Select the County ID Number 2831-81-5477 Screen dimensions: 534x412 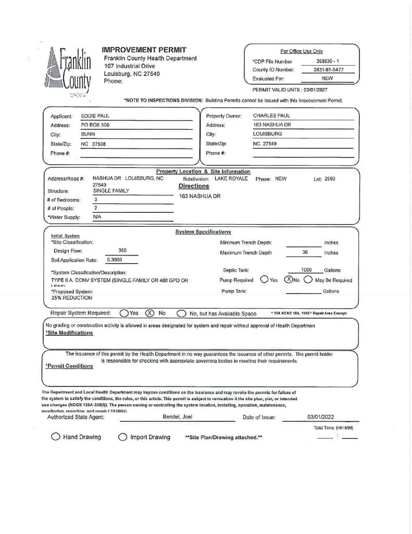(328, 70)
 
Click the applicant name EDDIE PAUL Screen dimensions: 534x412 (95, 116)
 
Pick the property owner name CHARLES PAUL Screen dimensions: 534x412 (271, 116)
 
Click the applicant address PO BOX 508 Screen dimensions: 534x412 (95, 125)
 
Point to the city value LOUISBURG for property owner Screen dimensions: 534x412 (267, 134)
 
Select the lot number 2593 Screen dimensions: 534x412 (329, 179)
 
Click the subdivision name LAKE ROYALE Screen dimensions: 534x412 (231, 178)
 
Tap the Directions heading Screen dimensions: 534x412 (194, 186)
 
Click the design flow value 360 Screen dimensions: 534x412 (122, 250)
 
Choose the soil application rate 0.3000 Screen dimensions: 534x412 (115, 259)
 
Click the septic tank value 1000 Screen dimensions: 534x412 (306, 270)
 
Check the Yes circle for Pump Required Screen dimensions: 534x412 (265, 280)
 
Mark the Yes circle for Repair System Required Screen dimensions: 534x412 (124, 313)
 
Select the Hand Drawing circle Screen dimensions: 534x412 (55, 437)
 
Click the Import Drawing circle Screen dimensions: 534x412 (122, 437)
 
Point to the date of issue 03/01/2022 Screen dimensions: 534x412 (321, 417)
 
